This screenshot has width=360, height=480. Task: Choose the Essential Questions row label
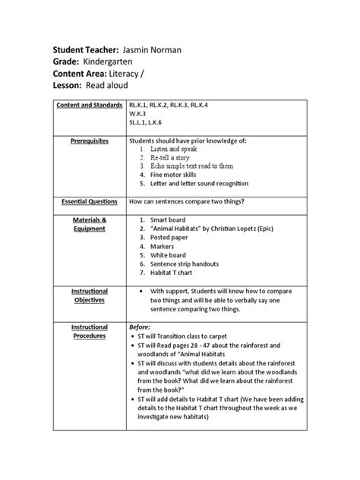[x=90, y=202]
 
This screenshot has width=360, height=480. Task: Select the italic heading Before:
[x=141, y=327]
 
